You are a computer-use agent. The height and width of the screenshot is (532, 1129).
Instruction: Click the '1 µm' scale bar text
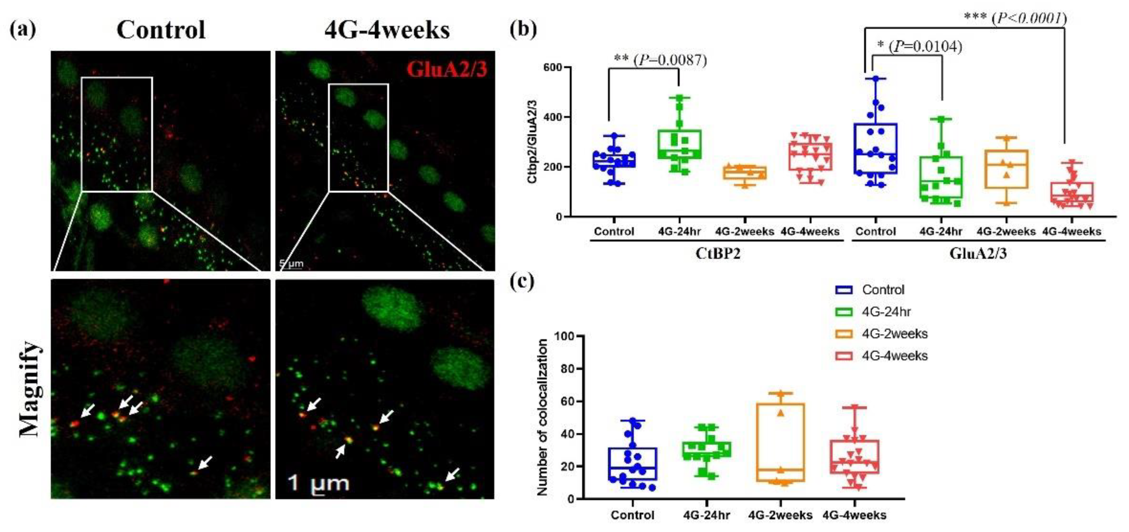click(319, 483)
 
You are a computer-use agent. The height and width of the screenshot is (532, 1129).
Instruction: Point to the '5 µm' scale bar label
click(292, 264)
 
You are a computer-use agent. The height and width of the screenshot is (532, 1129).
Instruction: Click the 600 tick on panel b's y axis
click(553, 68)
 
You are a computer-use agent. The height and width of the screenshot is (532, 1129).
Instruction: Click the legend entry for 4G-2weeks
click(894, 334)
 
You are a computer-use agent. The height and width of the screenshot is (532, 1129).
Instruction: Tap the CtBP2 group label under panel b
click(718, 254)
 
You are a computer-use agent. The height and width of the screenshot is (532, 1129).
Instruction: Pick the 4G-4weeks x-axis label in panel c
click(854, 515)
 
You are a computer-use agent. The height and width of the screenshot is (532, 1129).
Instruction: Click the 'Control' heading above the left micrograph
click(161, 30)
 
